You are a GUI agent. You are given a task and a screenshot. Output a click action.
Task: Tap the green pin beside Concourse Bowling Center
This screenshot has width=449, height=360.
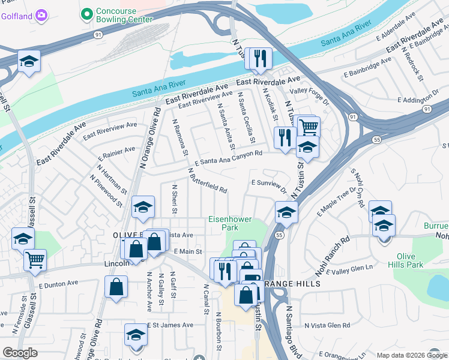87,13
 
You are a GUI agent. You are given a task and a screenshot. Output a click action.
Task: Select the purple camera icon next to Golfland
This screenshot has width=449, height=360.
41,14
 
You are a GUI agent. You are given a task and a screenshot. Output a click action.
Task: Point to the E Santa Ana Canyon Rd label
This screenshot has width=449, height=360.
229,158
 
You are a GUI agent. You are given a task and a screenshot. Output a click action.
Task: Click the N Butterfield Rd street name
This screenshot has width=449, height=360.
207,180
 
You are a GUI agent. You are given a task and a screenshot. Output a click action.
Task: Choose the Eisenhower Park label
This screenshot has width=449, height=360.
230,223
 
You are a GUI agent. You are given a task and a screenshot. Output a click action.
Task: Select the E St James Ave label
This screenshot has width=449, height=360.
170,325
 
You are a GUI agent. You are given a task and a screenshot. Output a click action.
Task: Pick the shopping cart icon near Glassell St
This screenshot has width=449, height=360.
35,260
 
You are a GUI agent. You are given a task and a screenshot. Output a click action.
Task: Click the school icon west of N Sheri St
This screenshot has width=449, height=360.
143,207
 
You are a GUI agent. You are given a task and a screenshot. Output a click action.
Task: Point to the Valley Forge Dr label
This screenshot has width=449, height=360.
310,96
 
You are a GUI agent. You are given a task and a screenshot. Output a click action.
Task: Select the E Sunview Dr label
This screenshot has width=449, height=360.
268,185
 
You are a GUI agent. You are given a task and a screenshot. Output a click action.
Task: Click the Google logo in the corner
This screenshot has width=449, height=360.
20,353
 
